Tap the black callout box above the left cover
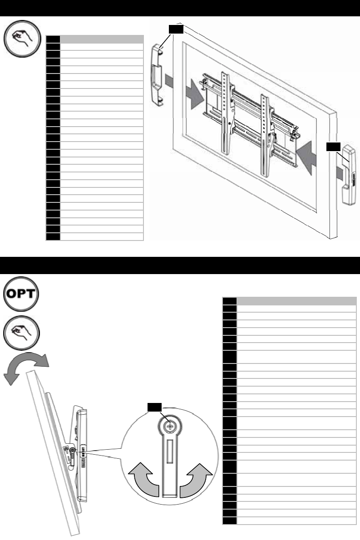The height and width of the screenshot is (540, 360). point(175,29)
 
